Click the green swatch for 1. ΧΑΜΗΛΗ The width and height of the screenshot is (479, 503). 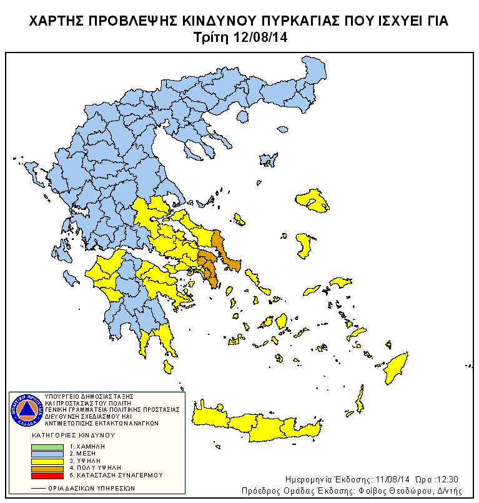tap(47, 447)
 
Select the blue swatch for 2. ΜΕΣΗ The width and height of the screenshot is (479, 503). tap(47, 454)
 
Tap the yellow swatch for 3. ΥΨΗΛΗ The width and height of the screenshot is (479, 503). tap(47, 461)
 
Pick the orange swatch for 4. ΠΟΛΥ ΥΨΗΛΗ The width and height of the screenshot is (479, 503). tap(47, 467)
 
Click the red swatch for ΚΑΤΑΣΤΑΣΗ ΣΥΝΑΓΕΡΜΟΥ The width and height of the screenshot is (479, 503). tap(47, 475)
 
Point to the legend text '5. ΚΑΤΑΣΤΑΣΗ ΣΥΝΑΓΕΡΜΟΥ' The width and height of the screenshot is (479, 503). tap(116, 475)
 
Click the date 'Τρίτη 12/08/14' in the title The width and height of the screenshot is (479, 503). tap(239, 37)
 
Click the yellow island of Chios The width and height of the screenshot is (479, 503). tap(304, 245)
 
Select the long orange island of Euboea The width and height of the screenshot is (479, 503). tap(226, 253)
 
